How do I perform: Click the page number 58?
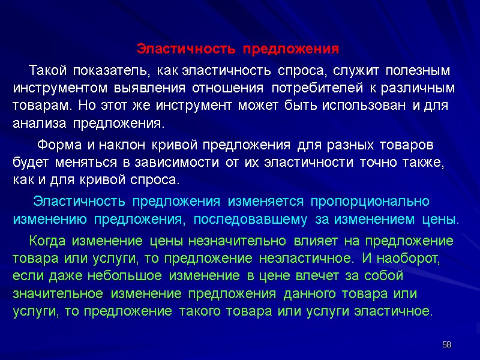[446, 344]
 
